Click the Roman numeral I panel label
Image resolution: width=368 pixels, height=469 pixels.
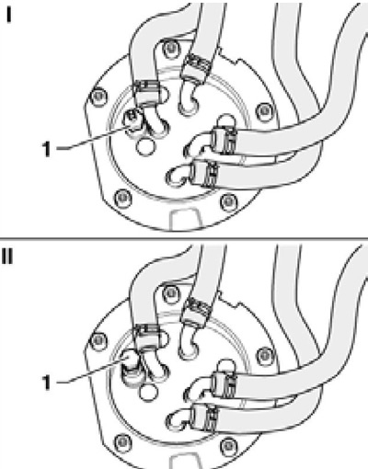point(9,16)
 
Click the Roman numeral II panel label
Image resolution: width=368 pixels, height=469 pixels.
point(7,257)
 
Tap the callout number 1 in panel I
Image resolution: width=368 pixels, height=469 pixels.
point(47,149)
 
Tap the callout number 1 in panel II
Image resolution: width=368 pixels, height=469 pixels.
point(47,383)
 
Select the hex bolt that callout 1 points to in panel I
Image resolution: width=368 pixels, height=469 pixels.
point(132,120)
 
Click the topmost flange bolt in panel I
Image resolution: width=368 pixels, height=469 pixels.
point(170,48)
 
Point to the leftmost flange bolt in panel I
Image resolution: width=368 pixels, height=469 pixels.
point(98,97)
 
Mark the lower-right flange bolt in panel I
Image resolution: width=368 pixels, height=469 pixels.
point(228,201)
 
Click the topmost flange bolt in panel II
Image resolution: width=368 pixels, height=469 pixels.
point(170,293)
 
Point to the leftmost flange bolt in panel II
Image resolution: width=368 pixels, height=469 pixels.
point(98,339)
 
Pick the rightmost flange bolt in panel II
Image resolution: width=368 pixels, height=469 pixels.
point(264,354)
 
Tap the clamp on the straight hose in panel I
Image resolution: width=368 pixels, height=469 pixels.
point(197,67)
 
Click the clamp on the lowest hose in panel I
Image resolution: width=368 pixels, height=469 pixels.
point(205,173)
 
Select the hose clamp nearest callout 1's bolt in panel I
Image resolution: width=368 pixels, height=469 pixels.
point(147,94)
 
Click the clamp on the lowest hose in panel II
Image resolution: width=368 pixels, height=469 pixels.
point(204,417)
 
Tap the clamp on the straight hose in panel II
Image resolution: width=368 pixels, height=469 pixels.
point(197,311)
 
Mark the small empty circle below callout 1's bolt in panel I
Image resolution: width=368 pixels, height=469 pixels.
point(145,146)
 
